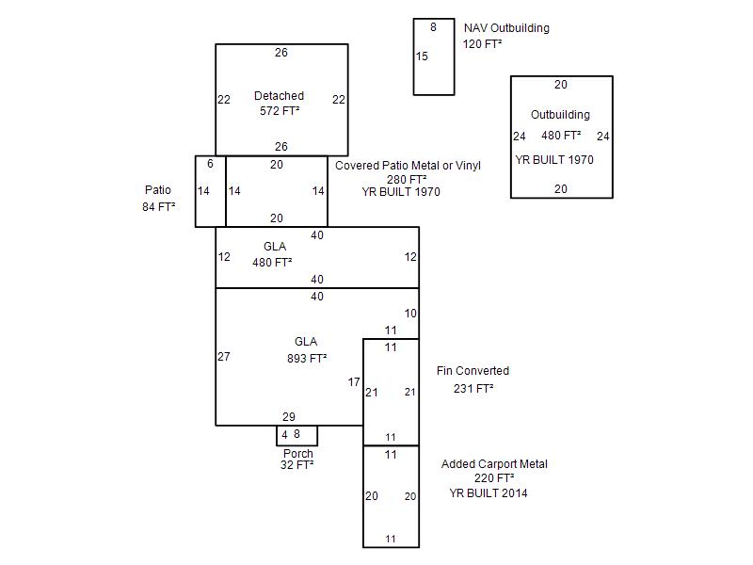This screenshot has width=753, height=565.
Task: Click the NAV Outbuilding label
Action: click(x=506, y=28)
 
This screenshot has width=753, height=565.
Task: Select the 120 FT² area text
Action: click(x=482, y=44)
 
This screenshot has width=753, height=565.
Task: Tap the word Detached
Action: click(x=279, y=96)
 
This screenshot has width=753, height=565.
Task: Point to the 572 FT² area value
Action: click(x=280, y=111)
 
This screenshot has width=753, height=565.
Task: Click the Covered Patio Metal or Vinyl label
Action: click(x=408, y=166)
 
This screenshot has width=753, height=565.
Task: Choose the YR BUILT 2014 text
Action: click(x=488, y=492)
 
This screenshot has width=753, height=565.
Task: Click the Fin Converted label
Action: click(x=473, y=371)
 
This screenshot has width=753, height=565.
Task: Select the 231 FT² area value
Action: click(x=473, y=388)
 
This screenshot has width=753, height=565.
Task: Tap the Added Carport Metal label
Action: click(x=494, y=464)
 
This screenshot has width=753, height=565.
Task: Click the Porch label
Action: click(x=298, y=454)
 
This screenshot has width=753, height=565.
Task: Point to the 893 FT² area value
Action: click(x=307, y=359)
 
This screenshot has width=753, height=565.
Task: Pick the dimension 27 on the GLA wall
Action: click(x=224, y=357)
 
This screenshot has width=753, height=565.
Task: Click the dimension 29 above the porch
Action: click(x=289, y=417)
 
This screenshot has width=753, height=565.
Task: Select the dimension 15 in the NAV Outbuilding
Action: click(x=422, y=56)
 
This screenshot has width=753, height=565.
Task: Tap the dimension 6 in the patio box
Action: click(x=210, y=164)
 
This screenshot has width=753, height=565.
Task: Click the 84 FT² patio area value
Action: click(x=158, y=206)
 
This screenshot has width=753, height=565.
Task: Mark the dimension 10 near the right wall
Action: click(x=410, y=314)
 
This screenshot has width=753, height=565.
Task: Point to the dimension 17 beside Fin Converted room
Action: click(x=354, y=382)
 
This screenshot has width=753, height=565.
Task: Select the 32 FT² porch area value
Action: click(x=296, y=465)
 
